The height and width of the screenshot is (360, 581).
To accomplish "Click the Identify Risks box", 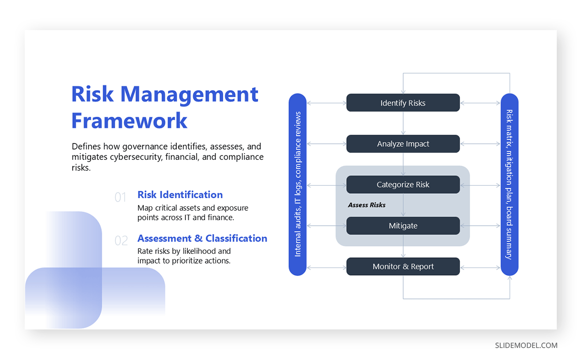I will pyautogui.click(x=403, y=103).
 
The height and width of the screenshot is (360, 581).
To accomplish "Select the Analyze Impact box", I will pyautogui.click(x=403, y=144).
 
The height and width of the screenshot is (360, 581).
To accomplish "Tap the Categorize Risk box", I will pyautogui.click(x=403, y=185).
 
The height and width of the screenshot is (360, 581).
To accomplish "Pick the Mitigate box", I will pyautogui.click(x=403, y=226).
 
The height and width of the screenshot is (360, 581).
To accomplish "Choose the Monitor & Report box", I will pyautogui.click(x=403, y=266).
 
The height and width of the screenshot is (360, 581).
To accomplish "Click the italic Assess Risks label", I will pyautogui.click(x=367, y=205).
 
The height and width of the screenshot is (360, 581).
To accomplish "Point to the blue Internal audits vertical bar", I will pyautogui.click(x=297, y=184).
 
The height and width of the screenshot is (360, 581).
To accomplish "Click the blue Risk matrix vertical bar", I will pyautogui.click(x=509, y=184).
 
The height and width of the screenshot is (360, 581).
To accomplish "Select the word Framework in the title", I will pyautogui.click(x=129, y=120).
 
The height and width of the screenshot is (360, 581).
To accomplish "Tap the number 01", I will pyautogui.click(x=121, y=197).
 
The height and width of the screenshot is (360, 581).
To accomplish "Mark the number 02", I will pyautogui.click(x=121, y=241).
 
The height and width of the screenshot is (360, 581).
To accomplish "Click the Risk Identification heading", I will pyautogui.click(x=180, y=195).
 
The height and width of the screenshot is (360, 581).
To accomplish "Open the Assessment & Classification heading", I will pyautogui.click(x=202, y=238).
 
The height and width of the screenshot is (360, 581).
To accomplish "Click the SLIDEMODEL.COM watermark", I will pyautogui.click(x=526, y=345).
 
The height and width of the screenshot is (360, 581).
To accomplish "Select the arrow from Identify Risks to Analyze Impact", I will pyautogui.click(x=403, y=123).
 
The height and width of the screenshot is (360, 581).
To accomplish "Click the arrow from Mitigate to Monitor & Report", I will pyautogui.click(x=403, y=246).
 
